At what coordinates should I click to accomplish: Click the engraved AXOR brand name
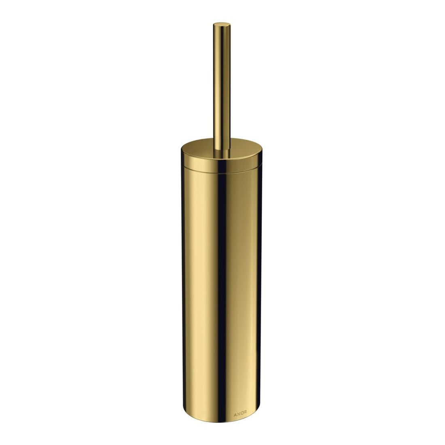coord(240,414)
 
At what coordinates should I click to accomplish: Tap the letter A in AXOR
coord(235,414)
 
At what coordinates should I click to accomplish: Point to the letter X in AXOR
coord(238,414)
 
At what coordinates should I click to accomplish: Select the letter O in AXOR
coord(242,414)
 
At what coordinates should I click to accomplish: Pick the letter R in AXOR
coord(245,414)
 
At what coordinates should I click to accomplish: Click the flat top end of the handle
coord(222,25)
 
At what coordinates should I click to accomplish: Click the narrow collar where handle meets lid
coord(222,153)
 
